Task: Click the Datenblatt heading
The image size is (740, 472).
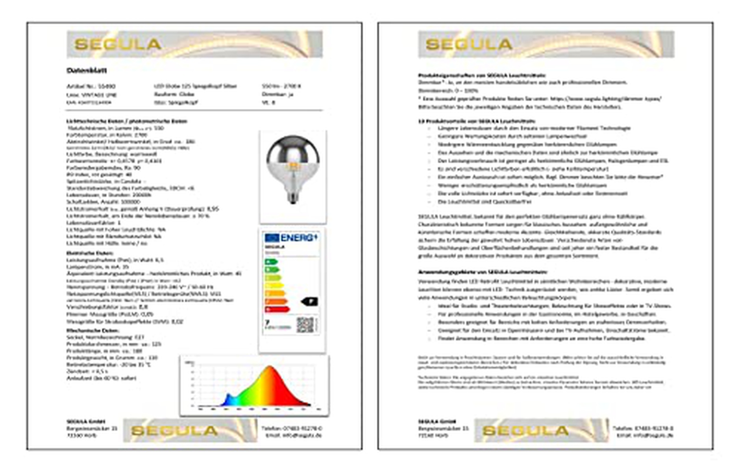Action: [x=87, y=70]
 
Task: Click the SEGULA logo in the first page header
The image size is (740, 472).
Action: [x=118, y=44]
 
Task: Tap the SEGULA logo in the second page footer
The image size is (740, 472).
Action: [x=525, y=430]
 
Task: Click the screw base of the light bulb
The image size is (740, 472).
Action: [x=292, y=197]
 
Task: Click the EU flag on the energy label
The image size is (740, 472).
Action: [x=272, y=238]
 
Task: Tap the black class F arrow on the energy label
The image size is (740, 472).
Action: [x=309, y=302]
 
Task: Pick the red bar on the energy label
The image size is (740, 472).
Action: [x=277, y=310]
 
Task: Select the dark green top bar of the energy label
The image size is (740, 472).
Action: [x=271, y=262]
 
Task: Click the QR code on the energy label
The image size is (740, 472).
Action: [x=305, y=325]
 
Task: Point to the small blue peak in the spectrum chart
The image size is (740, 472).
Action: [x=228, y=398]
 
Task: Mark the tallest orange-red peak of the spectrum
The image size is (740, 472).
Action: [x=270, y=370]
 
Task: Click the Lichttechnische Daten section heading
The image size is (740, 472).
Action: [x=126, y=121]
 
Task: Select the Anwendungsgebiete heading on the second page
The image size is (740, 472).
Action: [x=482, y=272]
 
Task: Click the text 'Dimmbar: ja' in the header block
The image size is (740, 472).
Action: [x=277, y=94]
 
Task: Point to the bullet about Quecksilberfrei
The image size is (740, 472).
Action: [x=484, y=202]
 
